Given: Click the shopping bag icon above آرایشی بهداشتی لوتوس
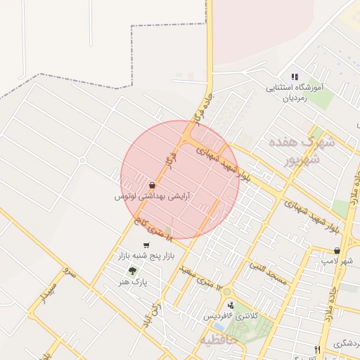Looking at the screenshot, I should pyautogui.click(x=153, y=186).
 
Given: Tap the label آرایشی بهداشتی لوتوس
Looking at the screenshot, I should pyautogui.click(x=153, y=197).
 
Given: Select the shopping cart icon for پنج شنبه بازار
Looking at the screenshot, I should pyautogui.click(x=146, y=245).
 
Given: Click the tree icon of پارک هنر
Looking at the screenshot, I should pyautogui.click(x=131, y=271).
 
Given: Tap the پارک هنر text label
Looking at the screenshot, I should pyautogui.click(x=132, y=282).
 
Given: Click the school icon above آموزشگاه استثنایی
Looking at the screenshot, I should pyautogui.click(x=295, y=77).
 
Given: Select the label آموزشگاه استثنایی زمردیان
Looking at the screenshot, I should pyautogui.click(x=294, y=94).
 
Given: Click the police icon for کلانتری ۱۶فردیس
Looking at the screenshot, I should pyautogui.click(x=231, y=304).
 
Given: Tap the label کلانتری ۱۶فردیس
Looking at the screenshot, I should pyautogui.click(x=231, y=316).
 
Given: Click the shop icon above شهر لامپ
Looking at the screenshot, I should pyautogui.click(x=337, y=250).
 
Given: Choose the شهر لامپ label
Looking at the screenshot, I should pyautogui.click(x=337, y=261).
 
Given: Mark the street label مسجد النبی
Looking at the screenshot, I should pyautogui.click(x=269, y=275).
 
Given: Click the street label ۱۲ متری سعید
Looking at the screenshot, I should pyautogui.click(x=200, y=278).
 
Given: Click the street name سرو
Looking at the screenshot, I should pyautogui.click(x=67, y=271).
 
